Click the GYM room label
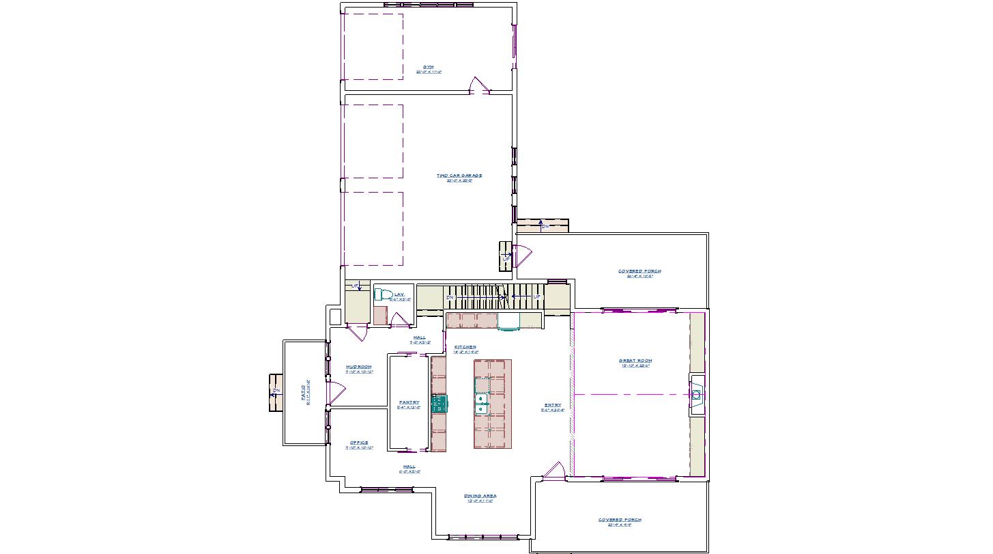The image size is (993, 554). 428,67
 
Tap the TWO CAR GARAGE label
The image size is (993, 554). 459,176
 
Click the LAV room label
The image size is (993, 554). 399,295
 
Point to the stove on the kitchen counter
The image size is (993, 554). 440,403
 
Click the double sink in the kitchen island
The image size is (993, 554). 482,404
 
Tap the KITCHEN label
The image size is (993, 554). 465,348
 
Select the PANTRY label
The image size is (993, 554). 409,403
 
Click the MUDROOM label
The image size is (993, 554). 359,368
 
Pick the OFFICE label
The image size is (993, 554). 359,443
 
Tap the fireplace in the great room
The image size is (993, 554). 697,395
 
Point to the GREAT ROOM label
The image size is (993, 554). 635,361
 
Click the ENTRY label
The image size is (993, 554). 552,406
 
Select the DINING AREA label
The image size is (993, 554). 480,497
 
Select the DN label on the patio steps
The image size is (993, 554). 276,392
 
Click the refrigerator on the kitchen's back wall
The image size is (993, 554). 508,320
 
